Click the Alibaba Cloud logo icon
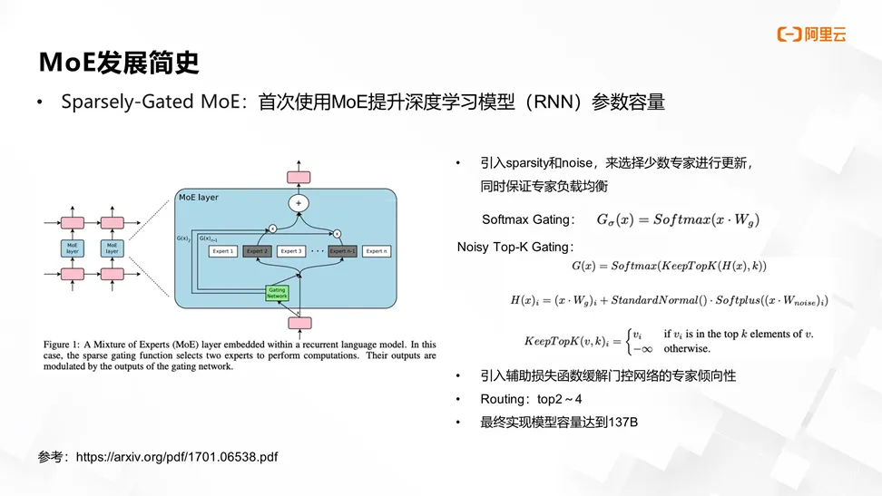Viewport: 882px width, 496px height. [788, 35]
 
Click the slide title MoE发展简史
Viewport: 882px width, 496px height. [118, 63]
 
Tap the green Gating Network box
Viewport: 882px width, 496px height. [277, 292]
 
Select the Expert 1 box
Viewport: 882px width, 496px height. [223, 251]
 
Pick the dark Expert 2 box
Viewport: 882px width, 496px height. [258, 251]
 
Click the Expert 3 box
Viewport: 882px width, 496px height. [291, 251]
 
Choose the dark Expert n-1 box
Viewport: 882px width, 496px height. [342, 251]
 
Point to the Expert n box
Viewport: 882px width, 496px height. [376, 251]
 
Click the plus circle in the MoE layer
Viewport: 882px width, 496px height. [299, 203]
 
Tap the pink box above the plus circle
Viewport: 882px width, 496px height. [299, 177]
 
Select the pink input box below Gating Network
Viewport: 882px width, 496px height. [299, 322]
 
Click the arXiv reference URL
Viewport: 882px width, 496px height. [177, 457]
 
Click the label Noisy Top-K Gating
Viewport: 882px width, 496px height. [515, 247]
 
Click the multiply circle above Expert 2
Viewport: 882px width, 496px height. [271, 229]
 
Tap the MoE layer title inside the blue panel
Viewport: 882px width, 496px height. [199, 197]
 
